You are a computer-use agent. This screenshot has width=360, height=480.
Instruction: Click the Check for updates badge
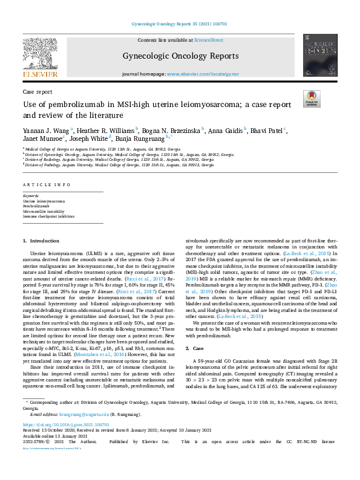[x=312, y=98]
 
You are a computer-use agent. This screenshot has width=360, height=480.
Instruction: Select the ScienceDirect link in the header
[x=208, y=39]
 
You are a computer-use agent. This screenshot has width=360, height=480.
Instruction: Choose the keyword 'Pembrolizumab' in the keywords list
[x=38, y=206]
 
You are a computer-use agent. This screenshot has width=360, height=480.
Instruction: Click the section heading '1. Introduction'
[x=41, y=241]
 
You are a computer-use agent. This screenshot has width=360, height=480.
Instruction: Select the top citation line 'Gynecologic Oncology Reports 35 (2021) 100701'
[x=180, y=24]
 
